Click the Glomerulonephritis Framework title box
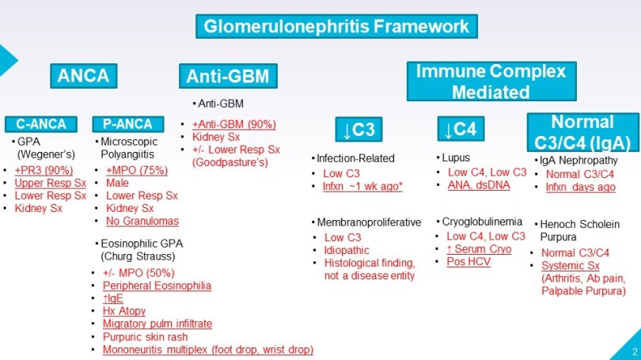pos(336,26)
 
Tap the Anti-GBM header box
pos(228,76)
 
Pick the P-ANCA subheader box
pos(127,123)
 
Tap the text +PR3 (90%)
pos(45,169)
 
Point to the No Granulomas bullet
pos(142,221)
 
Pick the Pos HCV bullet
pos(468,261)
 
